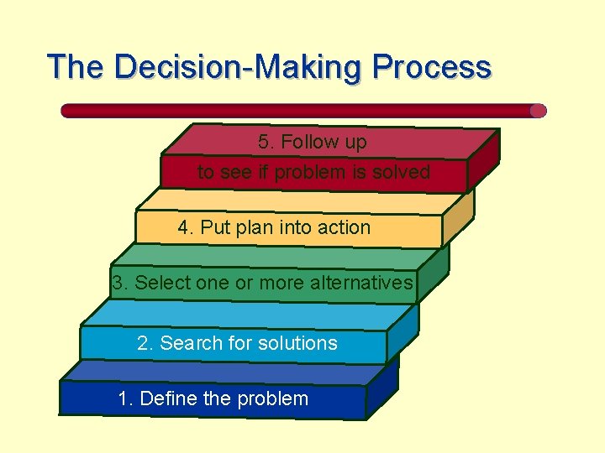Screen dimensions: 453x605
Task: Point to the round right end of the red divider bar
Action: click(538, 111)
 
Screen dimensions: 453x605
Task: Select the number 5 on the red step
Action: click(264, 143)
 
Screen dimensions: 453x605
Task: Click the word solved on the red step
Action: click(403, 173)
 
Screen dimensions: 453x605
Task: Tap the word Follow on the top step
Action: click(307, 143)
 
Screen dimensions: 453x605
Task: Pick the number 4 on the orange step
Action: click(183, 228)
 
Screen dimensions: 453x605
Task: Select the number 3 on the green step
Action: click(118, 284)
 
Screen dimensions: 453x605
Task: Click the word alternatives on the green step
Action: click(361, 284)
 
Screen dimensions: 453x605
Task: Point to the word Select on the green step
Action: click(162, 284)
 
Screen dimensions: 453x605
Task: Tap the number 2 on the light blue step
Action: click(144, 343)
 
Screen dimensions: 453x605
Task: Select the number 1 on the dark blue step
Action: click(125, 399)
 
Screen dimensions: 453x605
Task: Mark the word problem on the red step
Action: click(315, 174)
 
